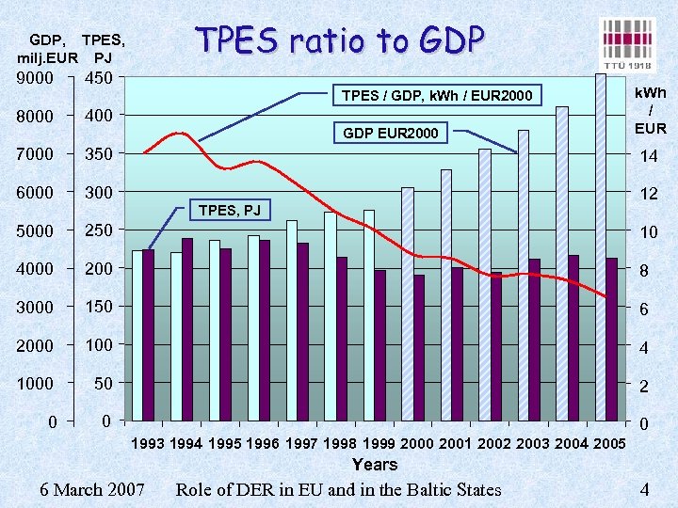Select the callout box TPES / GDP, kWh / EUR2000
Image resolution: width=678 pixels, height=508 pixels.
(x=436, y=95)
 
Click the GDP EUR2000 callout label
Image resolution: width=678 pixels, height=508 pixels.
(x=390, y=134)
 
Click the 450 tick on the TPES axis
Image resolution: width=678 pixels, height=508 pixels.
(x=99, y=79)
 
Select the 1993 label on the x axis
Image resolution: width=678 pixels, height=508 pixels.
(x=147, y=443)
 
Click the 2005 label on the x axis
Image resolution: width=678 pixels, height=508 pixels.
(x=608, y=443)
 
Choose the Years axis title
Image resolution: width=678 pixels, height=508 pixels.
(x=375, y=464)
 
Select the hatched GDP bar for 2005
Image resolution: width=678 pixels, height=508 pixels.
(x=601, y=246)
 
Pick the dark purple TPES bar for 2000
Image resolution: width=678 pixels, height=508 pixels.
(x=418, y=347)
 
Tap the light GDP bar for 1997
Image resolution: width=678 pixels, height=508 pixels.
(x=292, y=320)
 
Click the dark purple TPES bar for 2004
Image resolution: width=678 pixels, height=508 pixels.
(x=573, y=337)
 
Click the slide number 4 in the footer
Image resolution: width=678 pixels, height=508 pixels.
(x=644, y=489)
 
